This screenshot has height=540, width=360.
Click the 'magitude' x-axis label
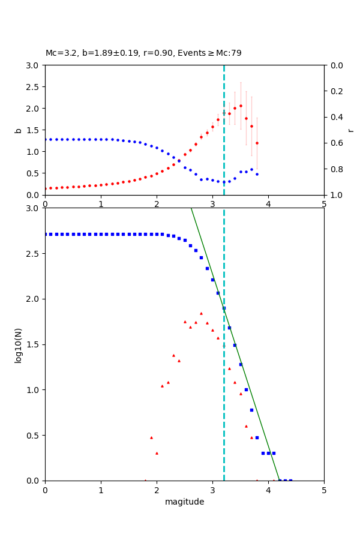click(x=184, y=502)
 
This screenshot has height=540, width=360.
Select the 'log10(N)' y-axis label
click(x=19, y=344)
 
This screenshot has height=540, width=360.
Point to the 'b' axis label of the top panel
click(x=19, y=130)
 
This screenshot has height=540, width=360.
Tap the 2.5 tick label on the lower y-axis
click(x=34, y=253)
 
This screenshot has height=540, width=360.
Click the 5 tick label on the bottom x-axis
click(x=324, y=490)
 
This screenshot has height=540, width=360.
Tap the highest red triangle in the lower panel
click(x=201, y=313)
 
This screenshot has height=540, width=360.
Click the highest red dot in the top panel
click(x=241, y=106)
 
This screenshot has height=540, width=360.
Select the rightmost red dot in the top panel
click(x=257, y=143)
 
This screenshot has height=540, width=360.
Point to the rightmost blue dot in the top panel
click(x=257, y=174)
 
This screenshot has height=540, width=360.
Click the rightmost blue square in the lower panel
click(x=290, y=480)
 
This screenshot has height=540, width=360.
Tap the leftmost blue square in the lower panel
click(x=46, y=234)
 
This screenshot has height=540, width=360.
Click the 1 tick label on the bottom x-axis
click(x=101, y=490)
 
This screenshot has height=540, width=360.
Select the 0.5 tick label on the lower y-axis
click(x=34, y=435)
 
